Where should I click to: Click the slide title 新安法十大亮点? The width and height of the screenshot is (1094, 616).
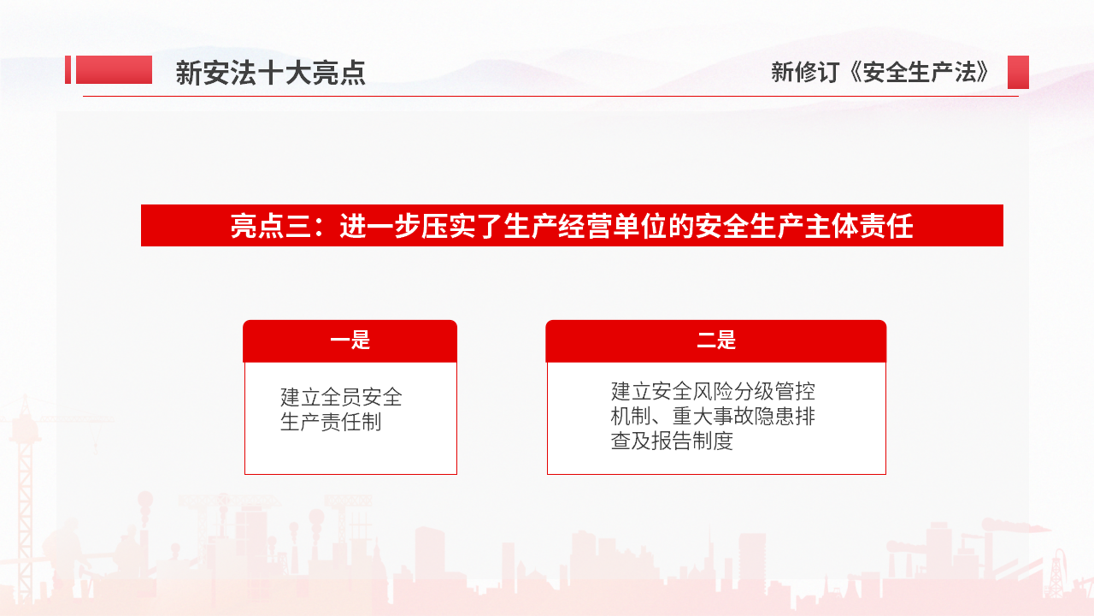point(271,73)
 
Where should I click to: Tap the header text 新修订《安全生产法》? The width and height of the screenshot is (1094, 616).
point(880,73)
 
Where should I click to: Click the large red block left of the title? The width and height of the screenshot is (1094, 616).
point(114,69)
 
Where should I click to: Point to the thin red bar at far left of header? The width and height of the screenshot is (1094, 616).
point(68,69)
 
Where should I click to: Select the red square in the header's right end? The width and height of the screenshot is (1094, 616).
point(1018,73)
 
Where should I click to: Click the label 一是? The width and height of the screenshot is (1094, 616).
point(350,341)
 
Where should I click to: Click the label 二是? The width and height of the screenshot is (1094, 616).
point(716,341)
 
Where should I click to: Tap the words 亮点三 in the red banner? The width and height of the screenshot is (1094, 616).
point(271,226)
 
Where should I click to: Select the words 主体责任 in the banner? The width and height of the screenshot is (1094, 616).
point(859,226)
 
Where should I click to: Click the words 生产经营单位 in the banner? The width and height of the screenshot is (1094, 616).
point(585,226)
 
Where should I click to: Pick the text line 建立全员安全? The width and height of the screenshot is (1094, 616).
point(341,397)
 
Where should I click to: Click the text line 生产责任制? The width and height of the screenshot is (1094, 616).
point(331,422)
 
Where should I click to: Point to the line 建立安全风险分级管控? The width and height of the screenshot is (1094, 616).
point(713,391)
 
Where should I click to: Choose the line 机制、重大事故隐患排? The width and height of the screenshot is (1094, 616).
point(713,416)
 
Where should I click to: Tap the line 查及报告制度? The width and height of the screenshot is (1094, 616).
point(672,441)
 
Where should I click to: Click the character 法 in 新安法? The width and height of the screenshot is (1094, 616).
point(244,73)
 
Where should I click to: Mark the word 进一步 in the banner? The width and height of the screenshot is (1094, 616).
point(380,226)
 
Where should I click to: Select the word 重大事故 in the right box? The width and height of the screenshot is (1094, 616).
point(713,416)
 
